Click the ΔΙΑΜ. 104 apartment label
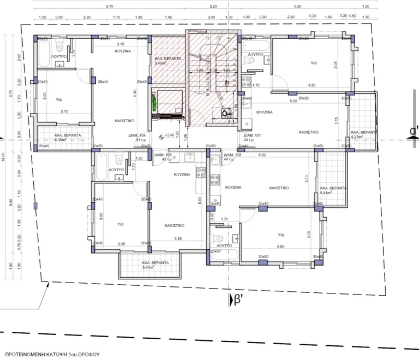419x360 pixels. tap(137, 135)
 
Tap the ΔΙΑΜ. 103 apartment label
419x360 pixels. tap(163, 155)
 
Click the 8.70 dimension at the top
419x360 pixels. tap(109, 7)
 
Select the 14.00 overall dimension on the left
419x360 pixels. tap(3, 156)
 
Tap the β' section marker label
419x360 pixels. tap(237, 298)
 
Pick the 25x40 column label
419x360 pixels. tap(103, 82)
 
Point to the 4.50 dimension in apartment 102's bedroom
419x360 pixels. tap(280, 246)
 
